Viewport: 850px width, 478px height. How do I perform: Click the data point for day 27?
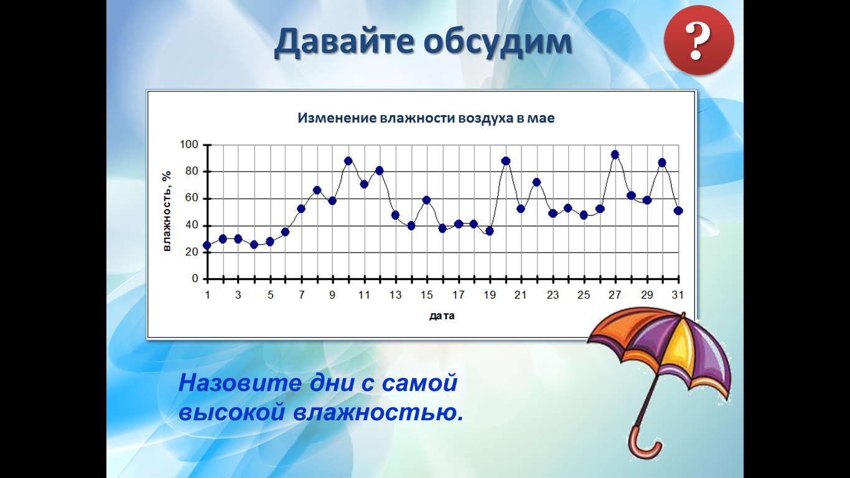615,154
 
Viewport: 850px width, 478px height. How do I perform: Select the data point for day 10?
348,161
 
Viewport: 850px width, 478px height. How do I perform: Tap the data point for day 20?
505,161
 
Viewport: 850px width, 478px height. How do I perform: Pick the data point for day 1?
207,245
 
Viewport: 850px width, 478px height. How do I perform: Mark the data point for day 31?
678,211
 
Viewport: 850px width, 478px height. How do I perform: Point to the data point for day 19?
490,231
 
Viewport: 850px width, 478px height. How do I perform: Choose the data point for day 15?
426,200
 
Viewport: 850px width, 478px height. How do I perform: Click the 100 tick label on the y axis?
189,144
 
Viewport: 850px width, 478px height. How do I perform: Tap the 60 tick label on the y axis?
192,198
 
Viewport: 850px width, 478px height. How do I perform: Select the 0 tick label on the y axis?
195,279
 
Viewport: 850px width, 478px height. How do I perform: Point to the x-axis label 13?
395,295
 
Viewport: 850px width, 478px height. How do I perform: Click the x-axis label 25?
584,295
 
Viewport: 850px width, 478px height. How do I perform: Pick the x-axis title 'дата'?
442,316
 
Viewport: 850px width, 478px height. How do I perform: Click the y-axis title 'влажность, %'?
167,211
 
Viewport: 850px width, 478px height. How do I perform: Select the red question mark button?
699,40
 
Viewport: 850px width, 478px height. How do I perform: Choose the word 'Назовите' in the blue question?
240,383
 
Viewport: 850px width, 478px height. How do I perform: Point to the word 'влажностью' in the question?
378,412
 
